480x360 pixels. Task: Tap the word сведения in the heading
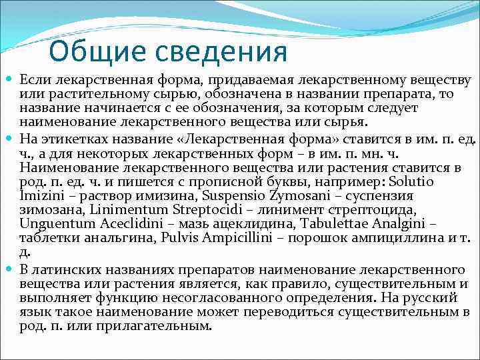coord(219,51)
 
